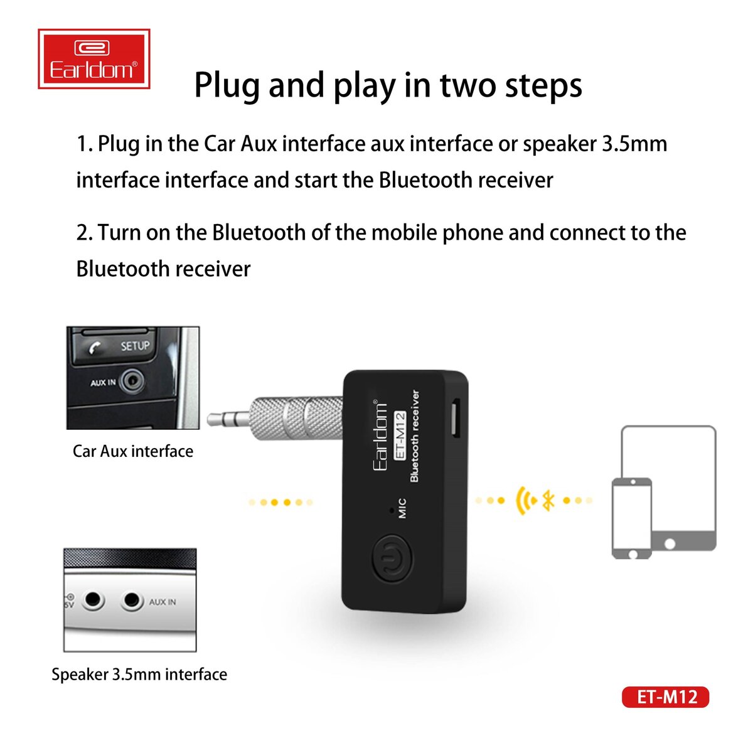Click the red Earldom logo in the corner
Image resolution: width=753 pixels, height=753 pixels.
(93, 58)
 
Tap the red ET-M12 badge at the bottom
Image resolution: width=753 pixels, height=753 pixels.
(666, 697)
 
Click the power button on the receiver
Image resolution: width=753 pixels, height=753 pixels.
(392, 559)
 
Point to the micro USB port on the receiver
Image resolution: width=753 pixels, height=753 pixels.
(456, 419)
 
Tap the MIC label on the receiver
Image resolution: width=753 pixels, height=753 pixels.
(402, 508)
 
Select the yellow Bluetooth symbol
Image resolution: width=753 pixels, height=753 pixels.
(548, 500)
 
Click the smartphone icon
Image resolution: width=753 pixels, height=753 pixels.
(632, 518)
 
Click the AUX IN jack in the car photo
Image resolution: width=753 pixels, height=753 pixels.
(132, 381)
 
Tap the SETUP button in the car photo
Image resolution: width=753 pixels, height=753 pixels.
(135, 346)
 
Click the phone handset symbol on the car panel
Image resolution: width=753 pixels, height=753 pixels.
(94, 348)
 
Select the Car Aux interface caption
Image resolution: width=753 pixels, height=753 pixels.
(133, 451)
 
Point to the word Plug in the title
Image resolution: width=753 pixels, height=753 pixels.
(227, 85)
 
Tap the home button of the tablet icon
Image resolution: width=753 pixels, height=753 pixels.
(670, 544)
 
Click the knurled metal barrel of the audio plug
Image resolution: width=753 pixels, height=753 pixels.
(296, 417)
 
